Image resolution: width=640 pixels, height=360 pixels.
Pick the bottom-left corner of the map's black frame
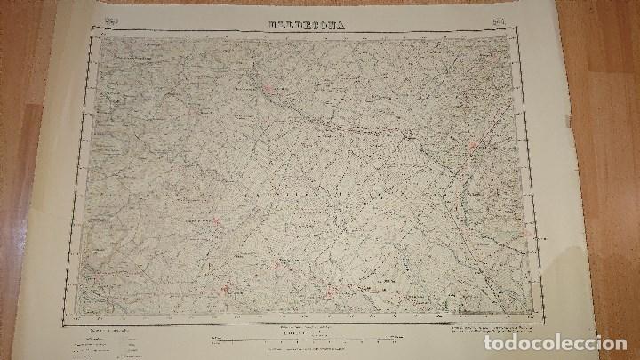click(82, 316)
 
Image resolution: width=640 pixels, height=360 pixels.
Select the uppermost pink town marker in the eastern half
click(474, 145)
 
